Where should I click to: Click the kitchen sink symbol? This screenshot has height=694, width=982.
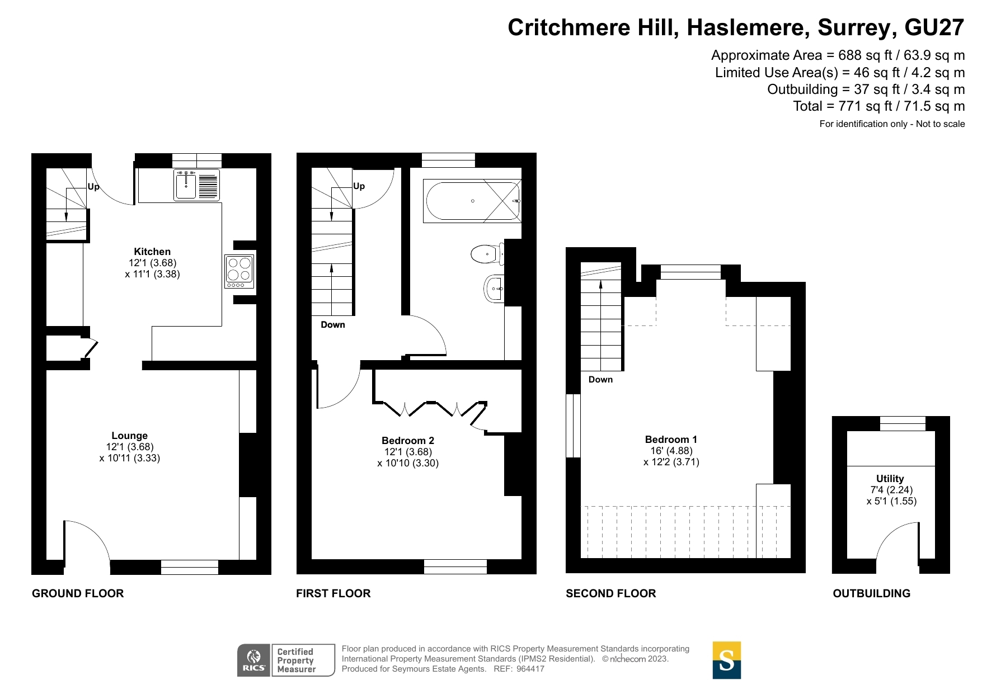pos(186,185)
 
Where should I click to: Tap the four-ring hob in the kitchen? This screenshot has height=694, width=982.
pos(239,271)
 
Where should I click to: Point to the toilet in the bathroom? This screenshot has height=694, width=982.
pos(486,254)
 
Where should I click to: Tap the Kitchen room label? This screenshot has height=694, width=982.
pos(152,252)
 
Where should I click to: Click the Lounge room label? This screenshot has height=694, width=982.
pos(129,436)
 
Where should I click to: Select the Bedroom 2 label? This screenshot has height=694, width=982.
pos(407,441)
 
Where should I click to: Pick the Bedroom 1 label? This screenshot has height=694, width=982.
pos(671,440)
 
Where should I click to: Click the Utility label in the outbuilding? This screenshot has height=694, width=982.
pos(890,479)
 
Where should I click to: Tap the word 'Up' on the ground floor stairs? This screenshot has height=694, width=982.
pos(93,187)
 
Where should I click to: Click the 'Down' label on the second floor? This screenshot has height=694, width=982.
pos(600,380)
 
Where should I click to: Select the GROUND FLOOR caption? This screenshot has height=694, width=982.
pos(78,593)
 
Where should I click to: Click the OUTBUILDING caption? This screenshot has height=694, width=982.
pos(871,593)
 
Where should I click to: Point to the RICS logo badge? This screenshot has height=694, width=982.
pos(254,660)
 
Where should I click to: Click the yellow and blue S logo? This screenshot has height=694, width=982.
pos(726,660)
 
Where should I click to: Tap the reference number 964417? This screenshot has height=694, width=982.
pos(530,669)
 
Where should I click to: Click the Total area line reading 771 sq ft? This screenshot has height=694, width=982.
pos(878,106)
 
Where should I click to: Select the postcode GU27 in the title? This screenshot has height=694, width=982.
pos(934,27)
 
